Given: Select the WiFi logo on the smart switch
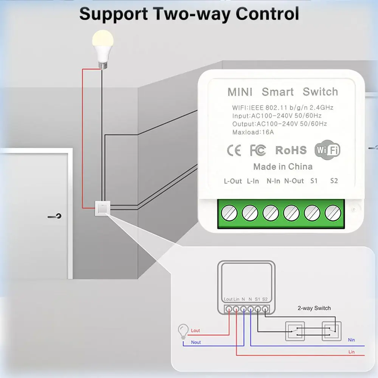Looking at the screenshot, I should click(327, 150).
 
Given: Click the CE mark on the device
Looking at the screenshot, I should click(234, 150).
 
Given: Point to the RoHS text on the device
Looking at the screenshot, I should click(291, 150).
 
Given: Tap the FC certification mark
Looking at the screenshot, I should click(258, 150).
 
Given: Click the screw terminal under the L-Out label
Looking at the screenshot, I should click(229, 213).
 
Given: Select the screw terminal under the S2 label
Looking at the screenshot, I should click(333, 213).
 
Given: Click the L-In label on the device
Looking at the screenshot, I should click(253, 181).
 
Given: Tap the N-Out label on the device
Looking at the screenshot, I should click(294, 181).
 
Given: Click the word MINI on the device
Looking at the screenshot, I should click(240, 92).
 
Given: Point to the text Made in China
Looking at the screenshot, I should click(283, 167).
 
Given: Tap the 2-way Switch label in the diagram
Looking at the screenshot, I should click(313, 308).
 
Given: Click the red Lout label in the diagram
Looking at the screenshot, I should click(195, 330).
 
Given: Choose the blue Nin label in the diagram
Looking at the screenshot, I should click(351, 340).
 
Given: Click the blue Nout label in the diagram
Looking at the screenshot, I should click(196, 342).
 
